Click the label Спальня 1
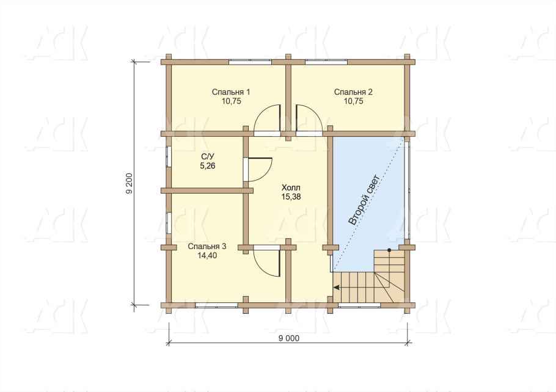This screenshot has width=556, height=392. [x=231, y=92]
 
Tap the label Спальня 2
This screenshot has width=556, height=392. [x=353, y=92]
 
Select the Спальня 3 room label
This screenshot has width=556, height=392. [x=207, y=246]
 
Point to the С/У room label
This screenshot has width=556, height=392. [x=208, y=157]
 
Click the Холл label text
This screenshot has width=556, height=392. [x=291, y=187]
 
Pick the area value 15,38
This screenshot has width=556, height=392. [x=291, y=197]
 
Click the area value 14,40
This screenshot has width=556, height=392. [x=207, y=256]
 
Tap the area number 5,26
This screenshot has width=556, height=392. [x=208, y=165]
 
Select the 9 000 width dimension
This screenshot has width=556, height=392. [x=288, y=338]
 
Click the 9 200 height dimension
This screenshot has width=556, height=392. [x=130, y=183]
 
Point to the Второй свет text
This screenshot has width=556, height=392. [x=365, y=200]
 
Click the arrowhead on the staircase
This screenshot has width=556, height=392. [x=337, y=287]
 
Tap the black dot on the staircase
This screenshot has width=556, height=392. [x=389, y=250]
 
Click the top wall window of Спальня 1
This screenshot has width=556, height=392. [x=250, y=62]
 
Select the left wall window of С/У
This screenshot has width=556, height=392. [x=169, y=156]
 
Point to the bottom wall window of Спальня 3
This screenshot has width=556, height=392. [x=216, y=305]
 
